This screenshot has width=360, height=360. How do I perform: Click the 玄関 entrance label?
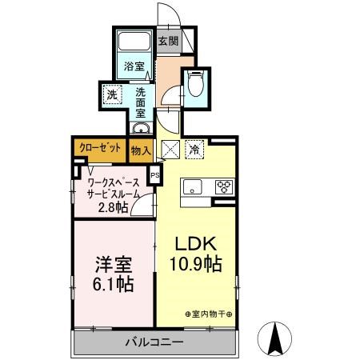[167, 41]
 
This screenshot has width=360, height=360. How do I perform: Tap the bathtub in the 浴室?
[133, 44]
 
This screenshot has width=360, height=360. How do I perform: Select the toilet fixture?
[197, 85]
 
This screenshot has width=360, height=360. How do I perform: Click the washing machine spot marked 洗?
[111, 94]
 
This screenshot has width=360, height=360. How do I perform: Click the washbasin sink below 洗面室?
[140, 128]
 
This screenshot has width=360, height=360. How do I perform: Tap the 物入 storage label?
[141, 147]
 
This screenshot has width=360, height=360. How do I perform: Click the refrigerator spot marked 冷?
[194, 148]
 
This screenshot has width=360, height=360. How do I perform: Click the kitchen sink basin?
[192, 187]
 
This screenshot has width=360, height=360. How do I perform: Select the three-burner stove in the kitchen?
[223, 187]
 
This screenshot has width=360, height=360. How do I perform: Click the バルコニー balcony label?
[154, 342]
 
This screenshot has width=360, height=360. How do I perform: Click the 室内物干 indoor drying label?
[210, 314]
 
